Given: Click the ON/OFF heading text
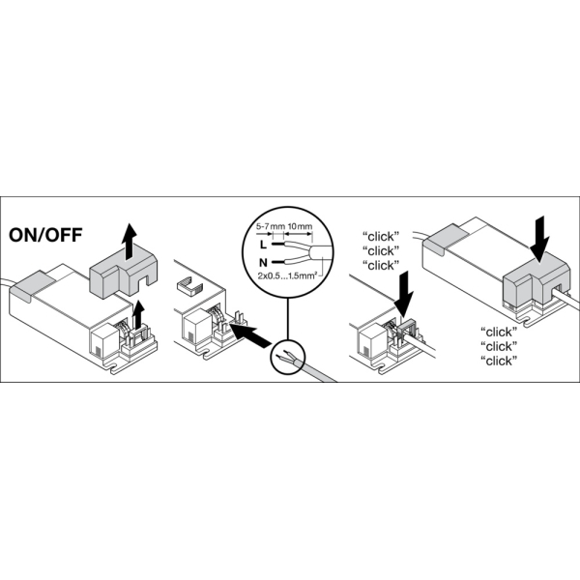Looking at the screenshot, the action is [45, 235].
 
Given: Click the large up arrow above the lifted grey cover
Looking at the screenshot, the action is [129, 242].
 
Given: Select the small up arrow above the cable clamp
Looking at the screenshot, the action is [138, 314].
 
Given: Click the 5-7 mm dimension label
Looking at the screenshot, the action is [265, 225].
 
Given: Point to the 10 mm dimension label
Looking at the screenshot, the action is [300, 225].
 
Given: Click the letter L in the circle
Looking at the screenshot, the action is [263, 245].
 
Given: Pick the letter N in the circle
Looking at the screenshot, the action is [263, 263].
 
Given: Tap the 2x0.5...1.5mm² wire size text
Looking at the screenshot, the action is [287, 275].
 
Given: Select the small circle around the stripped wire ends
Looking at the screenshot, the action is [288, 356].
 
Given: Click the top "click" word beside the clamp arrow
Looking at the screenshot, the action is [381, 237].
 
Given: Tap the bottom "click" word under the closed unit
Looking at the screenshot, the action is [499, 361].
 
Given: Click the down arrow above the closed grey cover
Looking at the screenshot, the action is [539, 241].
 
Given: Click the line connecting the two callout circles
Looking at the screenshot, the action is [287, 318].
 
